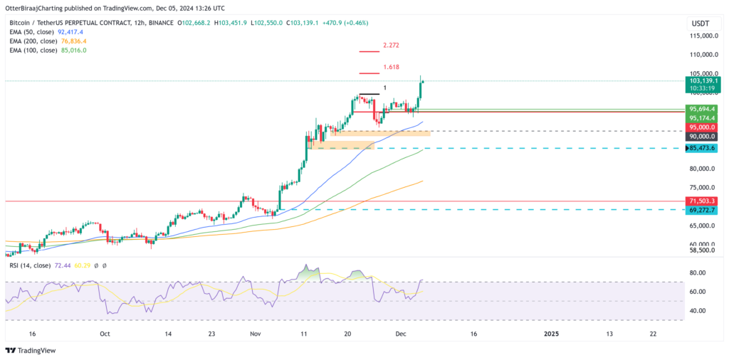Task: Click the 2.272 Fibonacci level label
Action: point(390,46)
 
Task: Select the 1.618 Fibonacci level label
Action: point(390,68)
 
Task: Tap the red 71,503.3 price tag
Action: point(705,202)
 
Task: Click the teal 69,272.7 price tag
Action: point(705,211)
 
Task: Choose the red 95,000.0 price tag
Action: point(705,127)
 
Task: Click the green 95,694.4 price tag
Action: point(705,109)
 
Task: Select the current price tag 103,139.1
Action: point(705,81)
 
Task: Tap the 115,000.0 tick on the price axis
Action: point(704,36)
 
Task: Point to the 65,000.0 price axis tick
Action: point(704,226)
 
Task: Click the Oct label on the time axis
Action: point(105,333)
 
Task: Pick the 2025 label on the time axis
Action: point(552,333)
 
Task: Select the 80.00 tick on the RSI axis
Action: point(697,273)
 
